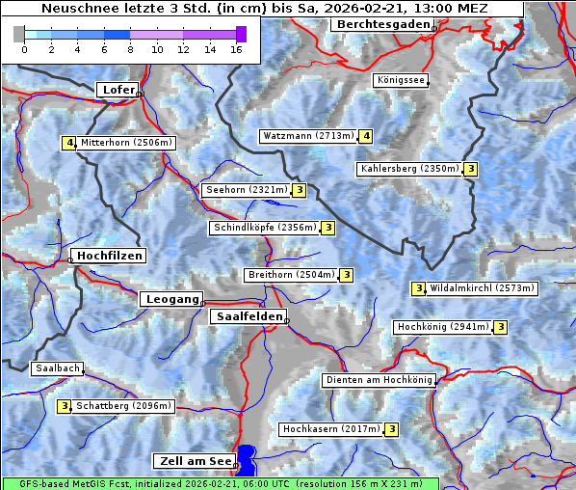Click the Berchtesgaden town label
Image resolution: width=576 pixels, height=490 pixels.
[382, 24]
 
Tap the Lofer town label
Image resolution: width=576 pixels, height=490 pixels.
[118, 90]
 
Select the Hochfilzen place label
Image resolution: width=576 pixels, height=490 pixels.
[109, 256]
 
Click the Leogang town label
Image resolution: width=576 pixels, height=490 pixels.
[172, 299]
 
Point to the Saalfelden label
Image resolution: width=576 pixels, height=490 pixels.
[249, 316]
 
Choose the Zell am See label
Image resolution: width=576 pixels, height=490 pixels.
[194, 461]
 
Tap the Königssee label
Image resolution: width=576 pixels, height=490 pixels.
[400, 80]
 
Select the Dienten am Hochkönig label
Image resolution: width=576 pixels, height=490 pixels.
[379, 380]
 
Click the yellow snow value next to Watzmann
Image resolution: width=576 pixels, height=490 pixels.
[366, 136]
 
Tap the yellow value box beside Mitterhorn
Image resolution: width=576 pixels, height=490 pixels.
[68, 143]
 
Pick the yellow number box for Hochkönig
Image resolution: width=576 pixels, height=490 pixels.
[501, 327]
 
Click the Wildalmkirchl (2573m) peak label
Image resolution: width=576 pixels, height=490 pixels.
[482, 287]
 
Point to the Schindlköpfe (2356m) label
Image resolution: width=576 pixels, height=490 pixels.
[264, 228]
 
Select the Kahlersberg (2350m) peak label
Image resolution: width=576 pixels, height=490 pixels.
[409, 169]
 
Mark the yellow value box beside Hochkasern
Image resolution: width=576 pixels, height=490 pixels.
[392, 428]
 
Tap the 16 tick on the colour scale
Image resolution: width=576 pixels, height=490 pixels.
[235, 49]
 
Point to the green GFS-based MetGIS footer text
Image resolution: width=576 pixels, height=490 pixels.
[220, 483]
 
